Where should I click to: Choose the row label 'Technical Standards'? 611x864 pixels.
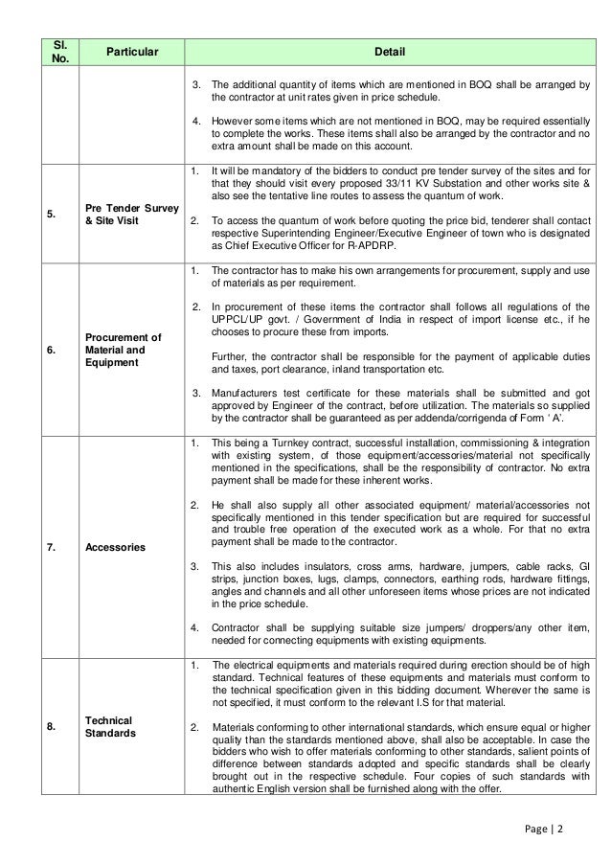108,726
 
